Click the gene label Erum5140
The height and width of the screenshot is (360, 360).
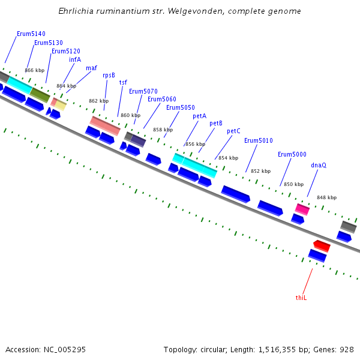tap(31, 34)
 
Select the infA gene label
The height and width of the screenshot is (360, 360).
tap(75, 59)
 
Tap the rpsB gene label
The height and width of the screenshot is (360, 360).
tap(109, 75)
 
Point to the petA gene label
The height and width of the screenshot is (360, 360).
tap(199, 116)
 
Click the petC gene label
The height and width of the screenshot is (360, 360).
tap(233, 131)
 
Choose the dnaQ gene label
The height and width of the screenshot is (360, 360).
tap(319, 165)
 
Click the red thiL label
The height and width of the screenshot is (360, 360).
tap(301, 298)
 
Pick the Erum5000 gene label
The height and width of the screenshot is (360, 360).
tap(292, 154)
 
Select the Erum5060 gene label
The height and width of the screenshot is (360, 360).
tap(162, 99)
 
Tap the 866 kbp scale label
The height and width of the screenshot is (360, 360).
tap(34, 70)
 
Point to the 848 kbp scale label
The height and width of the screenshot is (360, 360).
tap(327, 197)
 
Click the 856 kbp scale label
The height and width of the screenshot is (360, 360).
tap(195, 144)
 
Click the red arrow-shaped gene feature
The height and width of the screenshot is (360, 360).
tap(322, 245)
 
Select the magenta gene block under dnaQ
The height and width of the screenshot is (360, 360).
tap(302, 209)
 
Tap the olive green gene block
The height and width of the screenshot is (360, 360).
tap(40, 94)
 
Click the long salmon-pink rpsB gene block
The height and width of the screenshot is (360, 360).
tap(105, 125)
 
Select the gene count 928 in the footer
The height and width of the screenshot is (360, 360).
tap(347, 349)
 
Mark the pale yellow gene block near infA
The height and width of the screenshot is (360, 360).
tap(61, 105)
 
